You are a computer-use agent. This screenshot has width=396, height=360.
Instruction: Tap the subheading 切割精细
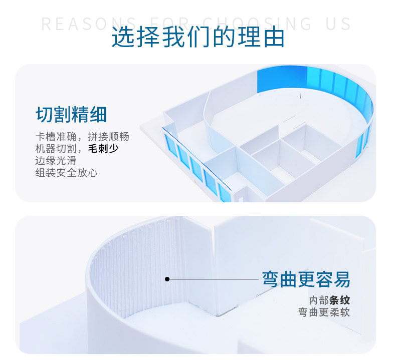pos(71,115)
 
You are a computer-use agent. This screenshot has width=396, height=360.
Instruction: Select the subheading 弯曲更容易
pos(306,279)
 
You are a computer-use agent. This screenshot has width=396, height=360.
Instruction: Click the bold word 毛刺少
pos(103,149)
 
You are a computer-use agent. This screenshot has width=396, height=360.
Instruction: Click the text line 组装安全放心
pos(66,173)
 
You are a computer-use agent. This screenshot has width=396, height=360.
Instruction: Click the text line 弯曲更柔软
pos(324,312)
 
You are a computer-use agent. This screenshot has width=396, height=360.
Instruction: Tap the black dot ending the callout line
pos(167,279)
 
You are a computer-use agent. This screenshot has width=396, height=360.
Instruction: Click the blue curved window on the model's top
pos(321,83)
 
